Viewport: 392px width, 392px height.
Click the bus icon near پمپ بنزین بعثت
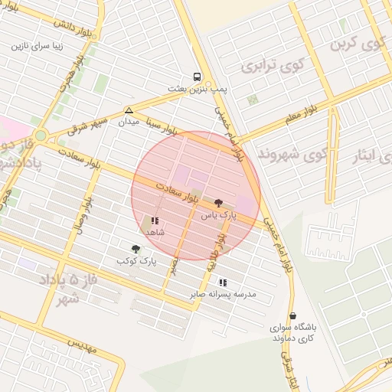[x=198, y=77]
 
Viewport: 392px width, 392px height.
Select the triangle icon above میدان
[x=129, y=110]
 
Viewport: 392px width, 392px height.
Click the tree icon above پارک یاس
[x=220, y=203]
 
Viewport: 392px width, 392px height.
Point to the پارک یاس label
[x=220, y=217]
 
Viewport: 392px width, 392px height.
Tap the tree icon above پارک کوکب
[x=136, y=248]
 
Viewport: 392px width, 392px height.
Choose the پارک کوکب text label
[x=136, y=261]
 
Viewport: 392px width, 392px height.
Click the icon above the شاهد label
[x=155, y=220]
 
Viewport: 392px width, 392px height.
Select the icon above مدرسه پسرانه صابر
[x=223, y=282]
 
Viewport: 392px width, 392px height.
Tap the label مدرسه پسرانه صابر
[x=224, y=294]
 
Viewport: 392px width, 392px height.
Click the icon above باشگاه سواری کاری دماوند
[x=292, y=315]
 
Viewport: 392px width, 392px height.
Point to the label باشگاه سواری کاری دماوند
[x=295, y=332]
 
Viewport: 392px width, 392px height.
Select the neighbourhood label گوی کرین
[x=356, y=44]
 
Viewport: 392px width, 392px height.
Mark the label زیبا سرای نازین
[x=41, y=46]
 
